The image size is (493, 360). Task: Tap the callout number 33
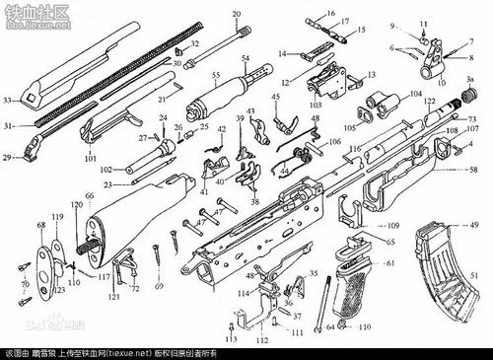pyautogui.click(x=7, y=101)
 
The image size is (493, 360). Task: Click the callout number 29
pyautogui.click(x=7, y=156)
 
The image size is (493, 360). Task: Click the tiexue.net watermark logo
pyautogui.click(x=30, y=12)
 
